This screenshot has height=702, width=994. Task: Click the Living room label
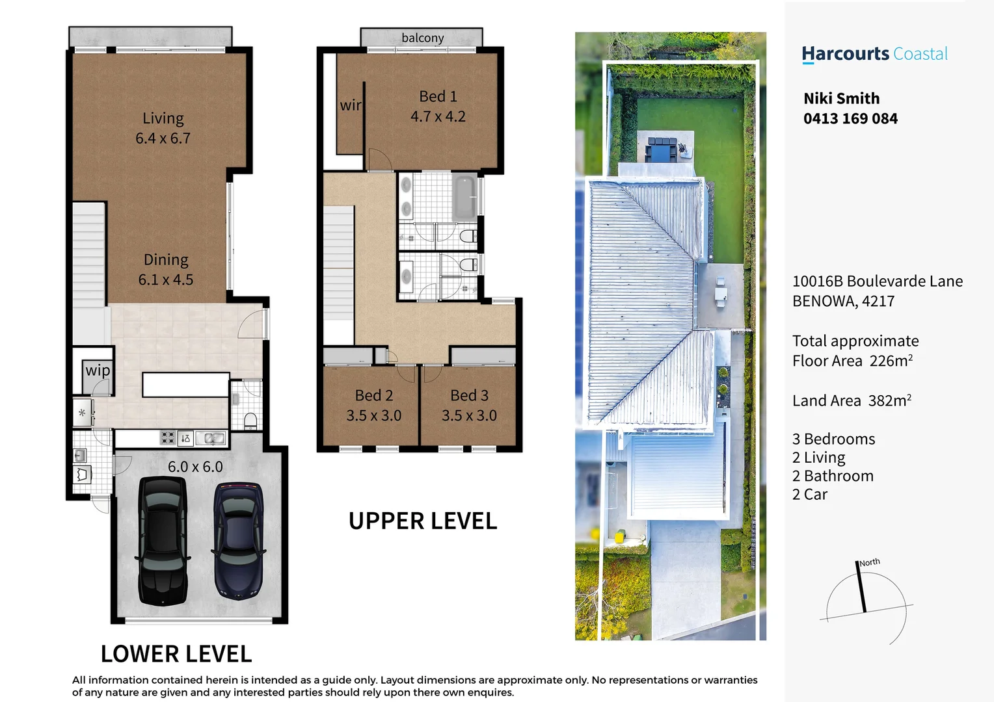(163, 118)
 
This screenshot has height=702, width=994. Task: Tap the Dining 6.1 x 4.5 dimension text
(166, 279)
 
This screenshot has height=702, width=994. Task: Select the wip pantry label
(98, 370)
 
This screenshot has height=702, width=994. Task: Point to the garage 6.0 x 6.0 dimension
(195, 467)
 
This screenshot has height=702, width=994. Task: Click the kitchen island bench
(185, 384)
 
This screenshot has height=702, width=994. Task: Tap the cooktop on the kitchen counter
(168, 438)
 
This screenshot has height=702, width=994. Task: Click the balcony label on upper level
(422, 38)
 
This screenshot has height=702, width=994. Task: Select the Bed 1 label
(438, 97)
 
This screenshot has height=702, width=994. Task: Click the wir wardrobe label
(350, 105)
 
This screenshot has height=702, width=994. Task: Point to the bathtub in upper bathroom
(464, 196)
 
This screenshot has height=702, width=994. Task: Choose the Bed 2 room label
(374, 395)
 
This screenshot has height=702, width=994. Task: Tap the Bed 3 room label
(469, 395)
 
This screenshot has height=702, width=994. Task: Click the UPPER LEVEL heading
(423, 521)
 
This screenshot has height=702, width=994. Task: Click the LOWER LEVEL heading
(176, 654)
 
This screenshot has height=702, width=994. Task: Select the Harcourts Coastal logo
(874, 54)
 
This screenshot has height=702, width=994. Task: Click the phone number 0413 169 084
(850, 119)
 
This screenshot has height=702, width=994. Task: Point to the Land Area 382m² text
(852, 400)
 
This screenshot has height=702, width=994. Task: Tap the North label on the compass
(870, 562)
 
